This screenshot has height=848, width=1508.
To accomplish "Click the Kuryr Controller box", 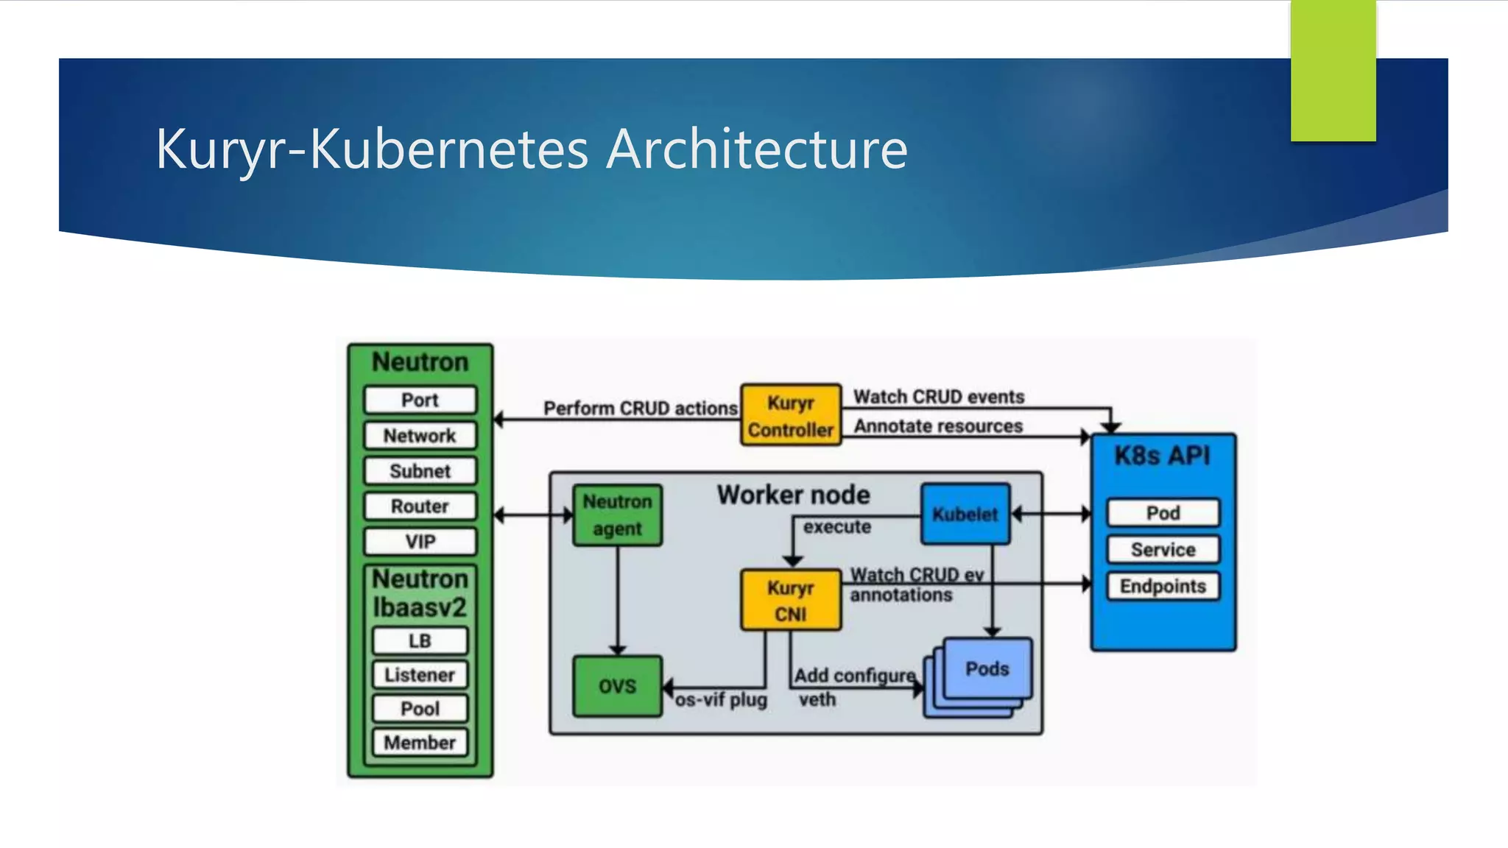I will [790, 415].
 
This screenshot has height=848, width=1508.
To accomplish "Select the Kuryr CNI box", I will [790, 600].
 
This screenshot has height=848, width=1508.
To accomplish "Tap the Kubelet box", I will [965, 514].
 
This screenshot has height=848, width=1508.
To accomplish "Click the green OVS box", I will [617, 686].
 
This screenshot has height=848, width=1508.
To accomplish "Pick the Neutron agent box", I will [617, 515].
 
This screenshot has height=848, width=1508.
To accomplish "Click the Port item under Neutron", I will [420, 400].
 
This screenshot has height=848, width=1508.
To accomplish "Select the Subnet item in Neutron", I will [420, 471].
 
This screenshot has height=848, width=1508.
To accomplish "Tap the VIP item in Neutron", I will [420, 542].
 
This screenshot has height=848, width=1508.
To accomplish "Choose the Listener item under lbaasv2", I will [420, 675].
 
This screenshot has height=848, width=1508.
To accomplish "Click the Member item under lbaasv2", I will [420, 743].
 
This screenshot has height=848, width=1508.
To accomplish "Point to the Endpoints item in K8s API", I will [1163, 587].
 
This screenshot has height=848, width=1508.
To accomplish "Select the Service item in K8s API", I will [1163, 550].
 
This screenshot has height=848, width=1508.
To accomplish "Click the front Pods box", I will [987, 668].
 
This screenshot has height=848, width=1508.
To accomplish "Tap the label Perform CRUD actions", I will [640, 409].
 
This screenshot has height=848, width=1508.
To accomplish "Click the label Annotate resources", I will [938, 426].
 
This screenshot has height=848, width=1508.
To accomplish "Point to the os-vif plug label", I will [721, 700].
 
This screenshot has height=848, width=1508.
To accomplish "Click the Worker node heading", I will [794, 495].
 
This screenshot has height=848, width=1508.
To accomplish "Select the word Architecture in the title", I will [757, 149].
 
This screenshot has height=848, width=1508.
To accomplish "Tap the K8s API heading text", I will [1162, 456].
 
